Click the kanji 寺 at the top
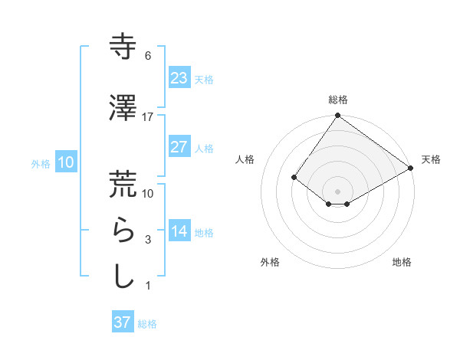(123, 47)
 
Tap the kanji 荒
(123, 184)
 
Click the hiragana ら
(123, 231)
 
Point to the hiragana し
(123, 276)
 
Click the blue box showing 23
(179, 78)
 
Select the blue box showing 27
(179, 147)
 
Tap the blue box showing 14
(179, 231)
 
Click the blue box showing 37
(122, 322)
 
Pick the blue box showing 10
(65, 162)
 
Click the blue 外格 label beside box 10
(41, 163)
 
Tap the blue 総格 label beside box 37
(147, 324)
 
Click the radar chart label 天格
(431, 159)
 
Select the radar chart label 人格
(245, 159)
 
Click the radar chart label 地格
(402, 262)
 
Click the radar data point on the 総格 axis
(337, 116)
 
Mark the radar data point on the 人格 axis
(294, 177)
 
